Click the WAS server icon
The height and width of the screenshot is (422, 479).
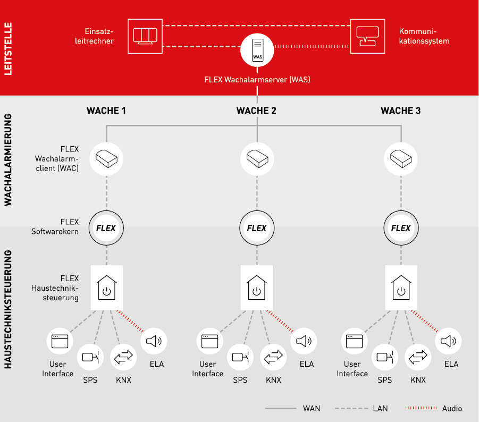257,49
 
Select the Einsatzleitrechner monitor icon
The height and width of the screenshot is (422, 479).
145,36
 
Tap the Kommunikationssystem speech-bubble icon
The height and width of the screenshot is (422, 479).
367,36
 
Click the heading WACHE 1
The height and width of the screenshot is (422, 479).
106,111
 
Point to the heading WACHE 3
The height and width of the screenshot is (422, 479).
401,111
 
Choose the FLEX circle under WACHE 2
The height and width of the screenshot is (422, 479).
257,228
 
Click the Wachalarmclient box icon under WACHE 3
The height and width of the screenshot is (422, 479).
401,158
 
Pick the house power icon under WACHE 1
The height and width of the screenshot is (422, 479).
107,287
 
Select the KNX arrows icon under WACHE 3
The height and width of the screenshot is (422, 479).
418,357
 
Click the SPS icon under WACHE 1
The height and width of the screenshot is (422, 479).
90,357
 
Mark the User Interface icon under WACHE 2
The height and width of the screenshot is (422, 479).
207,341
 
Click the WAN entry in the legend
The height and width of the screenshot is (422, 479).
311,408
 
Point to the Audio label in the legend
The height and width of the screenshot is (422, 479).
452,408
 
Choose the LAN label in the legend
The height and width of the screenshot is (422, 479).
380,408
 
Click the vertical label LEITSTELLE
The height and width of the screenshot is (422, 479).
7,48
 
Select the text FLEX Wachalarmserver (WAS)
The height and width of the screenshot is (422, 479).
257,80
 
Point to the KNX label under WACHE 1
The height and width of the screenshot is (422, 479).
123,380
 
